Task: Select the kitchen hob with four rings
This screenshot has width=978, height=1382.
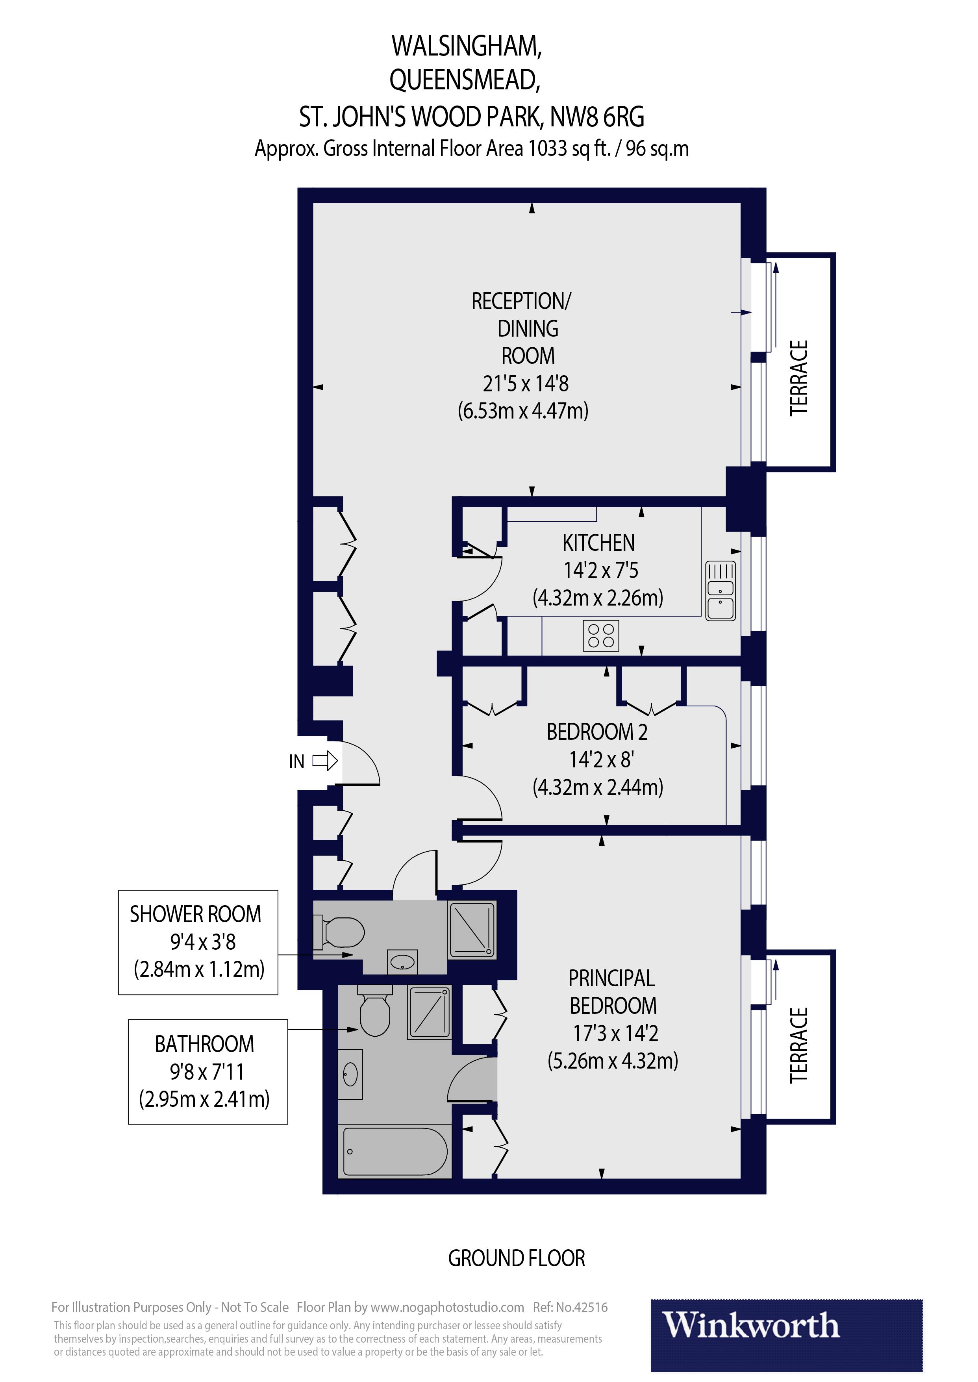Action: (x=600, y=635)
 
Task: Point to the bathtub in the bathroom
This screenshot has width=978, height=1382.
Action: (x=395, y=1151)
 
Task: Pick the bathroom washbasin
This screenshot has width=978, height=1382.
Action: (x=350, y=1074)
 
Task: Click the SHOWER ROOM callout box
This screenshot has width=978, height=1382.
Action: (x=198, y=941)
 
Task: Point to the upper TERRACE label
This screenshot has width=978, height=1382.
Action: (x=798, y=378)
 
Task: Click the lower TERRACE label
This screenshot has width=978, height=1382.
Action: (x=798, y=1045)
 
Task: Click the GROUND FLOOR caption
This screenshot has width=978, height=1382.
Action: (x=516, y=1258)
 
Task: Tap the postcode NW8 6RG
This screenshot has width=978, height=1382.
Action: (x=597, y=117)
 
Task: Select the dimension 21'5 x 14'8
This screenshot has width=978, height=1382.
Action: (x=525, y=383)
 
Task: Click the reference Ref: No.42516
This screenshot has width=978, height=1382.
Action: (x=570, y=1307)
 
